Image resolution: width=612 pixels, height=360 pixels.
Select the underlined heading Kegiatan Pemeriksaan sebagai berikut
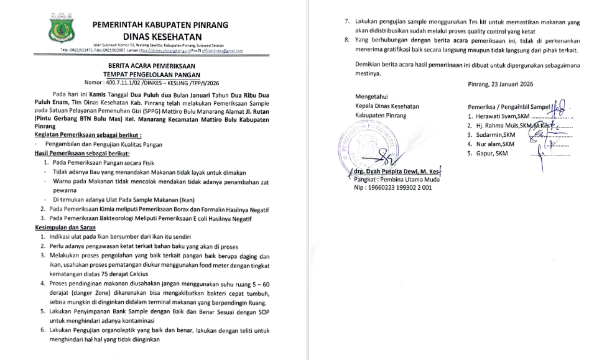point(88,134)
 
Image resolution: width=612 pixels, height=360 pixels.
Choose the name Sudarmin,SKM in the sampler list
point(495,134)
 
